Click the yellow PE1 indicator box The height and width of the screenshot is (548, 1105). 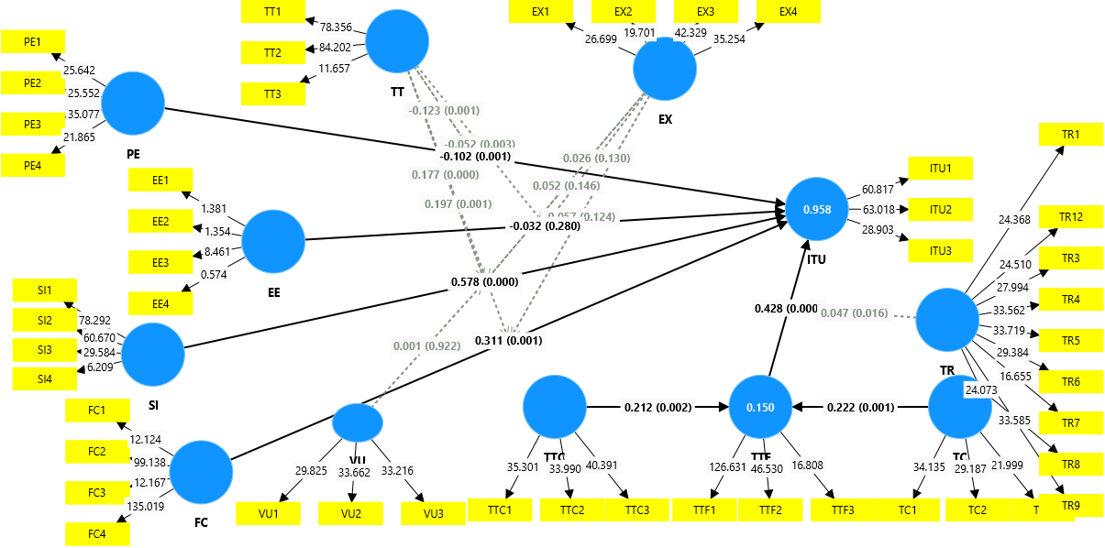pyautogui.click(x=33, y=41)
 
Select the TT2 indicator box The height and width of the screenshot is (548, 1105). pyautogui.click(x=273, y=53)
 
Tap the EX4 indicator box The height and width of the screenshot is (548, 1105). pyautogui.click(x=789, y=12)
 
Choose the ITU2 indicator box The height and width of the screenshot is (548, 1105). pyautogui.click(x=940, y=210)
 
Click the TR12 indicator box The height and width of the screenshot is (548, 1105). pyautogui.click(x=1071, y=218)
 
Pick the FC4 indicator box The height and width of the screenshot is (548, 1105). pyautogui.click(x=97, y=534)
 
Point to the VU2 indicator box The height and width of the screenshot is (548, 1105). pyautogui.click(x=350, y=513)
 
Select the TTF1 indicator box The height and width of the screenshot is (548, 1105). pyautogui.click(x=704, y=510)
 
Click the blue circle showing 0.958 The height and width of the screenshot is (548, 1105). pyautogui.click(x=817, y=210)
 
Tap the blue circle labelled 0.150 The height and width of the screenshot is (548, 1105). pyautogui.click(x=760, y=408)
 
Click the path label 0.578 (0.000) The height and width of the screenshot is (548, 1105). pyautogui.click(x=484, y=281)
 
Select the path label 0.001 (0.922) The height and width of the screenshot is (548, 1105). pyautogui.click(x=425, y=346)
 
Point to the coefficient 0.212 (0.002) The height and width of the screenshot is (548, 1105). pyautogui.click(x=657, y=407)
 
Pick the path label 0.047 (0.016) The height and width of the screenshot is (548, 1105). pyautogui.click(x=854, y=313)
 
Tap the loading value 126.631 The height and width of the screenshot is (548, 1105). pyautogui.click(x=728, y=466)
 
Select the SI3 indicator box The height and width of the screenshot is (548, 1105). pyautogui.click(x=44, y=350)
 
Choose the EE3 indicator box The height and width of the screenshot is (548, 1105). pyautogui.click(x=160, y=263)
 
